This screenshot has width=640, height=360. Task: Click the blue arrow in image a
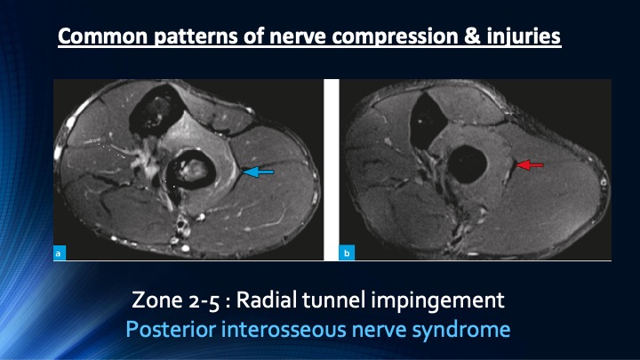(258, 172)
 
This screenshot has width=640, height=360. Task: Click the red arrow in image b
(530, 164)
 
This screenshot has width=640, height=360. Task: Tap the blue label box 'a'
(60, 253)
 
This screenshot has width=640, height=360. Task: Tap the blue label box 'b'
(347, 253)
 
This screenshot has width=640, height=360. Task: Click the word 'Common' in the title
(102, 36)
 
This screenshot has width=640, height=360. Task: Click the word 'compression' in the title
(395, 37)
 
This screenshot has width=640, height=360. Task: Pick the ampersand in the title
(471, 36)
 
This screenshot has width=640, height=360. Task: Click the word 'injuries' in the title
(524, 36)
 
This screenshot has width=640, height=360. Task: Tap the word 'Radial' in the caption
(267, 300)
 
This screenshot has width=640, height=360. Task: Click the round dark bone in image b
(467, 164)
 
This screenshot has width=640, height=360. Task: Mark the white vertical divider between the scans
(332, 170)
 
